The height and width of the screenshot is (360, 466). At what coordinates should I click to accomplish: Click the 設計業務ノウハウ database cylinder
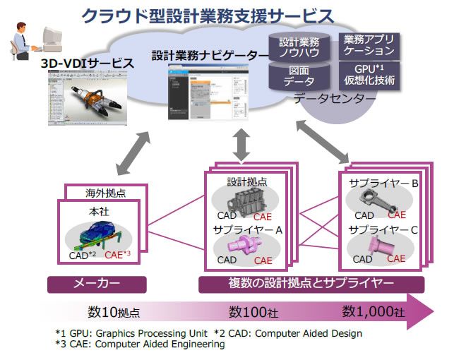pyautogui.click(x=299, y=47)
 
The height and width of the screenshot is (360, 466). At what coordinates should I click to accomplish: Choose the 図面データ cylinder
pyautogui.click(x=299, y=76)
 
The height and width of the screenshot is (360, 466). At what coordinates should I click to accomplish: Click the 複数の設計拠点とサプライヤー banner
pyautogui.click(x=311, y=284)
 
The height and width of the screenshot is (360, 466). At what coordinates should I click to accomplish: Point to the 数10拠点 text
pyautogui.click(x=114, y=311)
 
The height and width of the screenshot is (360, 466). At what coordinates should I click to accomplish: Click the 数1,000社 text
pyautogui.click(x=374, y=311)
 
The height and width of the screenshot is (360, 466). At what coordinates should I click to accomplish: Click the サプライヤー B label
pyautogui.click(x=384, y=183)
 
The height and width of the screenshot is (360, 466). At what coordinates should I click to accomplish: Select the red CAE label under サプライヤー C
pyautogui.click(x=396, y=258)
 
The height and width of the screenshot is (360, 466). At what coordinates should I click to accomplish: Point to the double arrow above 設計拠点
pyautogui.click(x=241, y=145)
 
